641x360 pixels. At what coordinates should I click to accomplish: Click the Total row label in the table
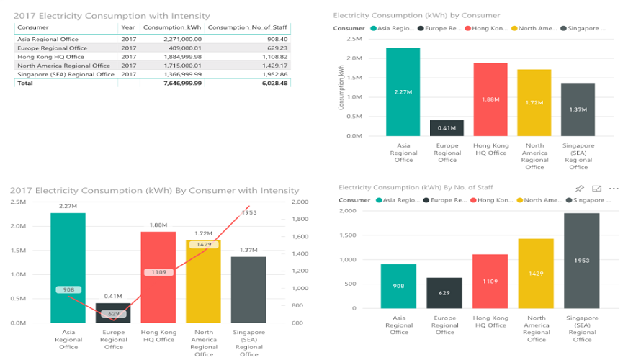[24, 83]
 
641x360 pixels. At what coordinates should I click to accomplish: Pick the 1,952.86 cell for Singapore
[273, 74]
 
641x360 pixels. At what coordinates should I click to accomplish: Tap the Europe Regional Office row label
[52, 48]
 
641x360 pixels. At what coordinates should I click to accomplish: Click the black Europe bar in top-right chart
[447, 127]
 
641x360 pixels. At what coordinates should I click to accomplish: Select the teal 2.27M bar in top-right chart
[403, 91]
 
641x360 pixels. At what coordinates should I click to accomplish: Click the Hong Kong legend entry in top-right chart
[487, 28]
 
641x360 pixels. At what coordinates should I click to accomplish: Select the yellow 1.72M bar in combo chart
[204, 281]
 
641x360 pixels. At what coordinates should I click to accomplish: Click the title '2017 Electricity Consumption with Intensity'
[112, 15]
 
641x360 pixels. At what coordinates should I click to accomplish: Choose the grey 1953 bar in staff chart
[581, 261]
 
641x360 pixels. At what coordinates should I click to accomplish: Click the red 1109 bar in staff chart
[490, 281]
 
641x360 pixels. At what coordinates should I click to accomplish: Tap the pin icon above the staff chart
[580, 189]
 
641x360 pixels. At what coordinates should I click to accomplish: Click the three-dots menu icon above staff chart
[614, 189]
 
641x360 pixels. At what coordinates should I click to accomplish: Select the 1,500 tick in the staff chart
[347, 235]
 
